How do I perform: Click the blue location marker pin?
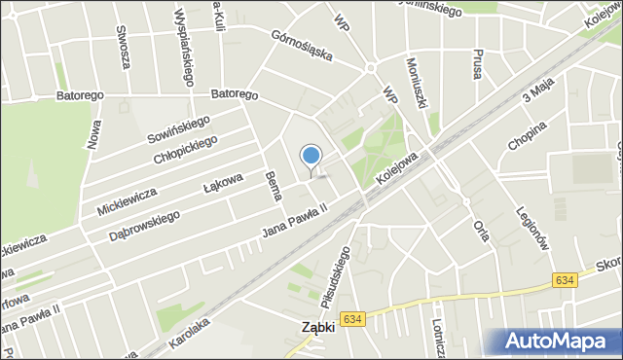pos(311,157)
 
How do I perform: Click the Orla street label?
pos(479,234)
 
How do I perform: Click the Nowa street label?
pos(93,133)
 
